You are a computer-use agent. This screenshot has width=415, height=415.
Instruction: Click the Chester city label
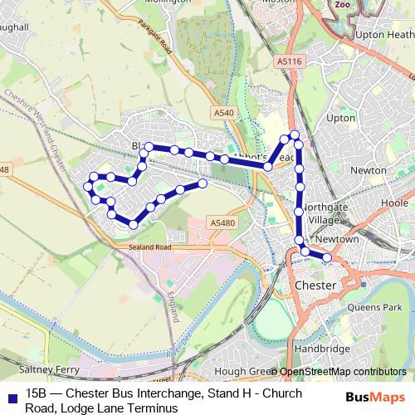pyautogui.click(x=315, y=286)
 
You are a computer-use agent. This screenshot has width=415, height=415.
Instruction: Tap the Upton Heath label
pyautogui.click(x=383, y=35)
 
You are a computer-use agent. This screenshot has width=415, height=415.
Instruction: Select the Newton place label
pyautogui.click(x=369, y=170)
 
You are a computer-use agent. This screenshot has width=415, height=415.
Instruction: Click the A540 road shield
pyautogui.click(x=223, y=113)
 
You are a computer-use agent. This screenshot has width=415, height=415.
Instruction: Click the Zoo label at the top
pyautogui.click(x=342, y=4)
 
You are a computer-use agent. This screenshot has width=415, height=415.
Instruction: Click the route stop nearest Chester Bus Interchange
pyautogui.click(x=327, y=258)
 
